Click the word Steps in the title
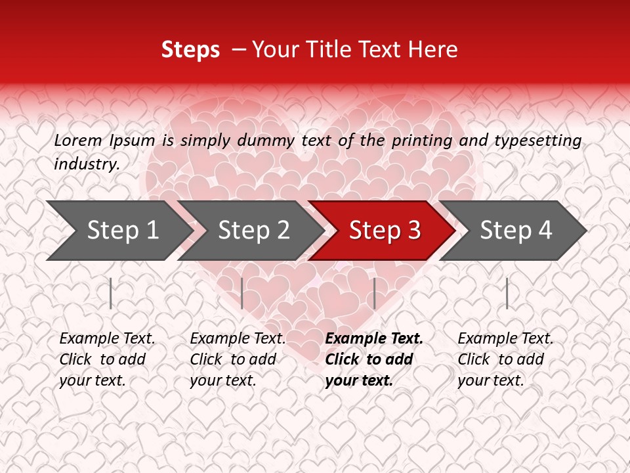[x=190, y=50]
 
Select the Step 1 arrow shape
[x=118, y=231]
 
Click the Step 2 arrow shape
[x=253, y=231]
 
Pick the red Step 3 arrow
[x=384, y=231]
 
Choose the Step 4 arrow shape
[x=515, y=231]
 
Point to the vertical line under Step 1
[x=111, y=293]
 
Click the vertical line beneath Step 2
[x=242, y=293]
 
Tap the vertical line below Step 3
[x=374, y=293]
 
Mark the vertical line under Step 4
[x=507, y=293]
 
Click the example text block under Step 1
[x=107, y=359]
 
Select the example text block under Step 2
[x=238, y=359]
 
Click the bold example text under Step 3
[x=374, y=359]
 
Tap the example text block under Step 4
[x=505, y=359]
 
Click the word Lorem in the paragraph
[x=78, y=140]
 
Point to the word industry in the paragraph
[x=86, y=164]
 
